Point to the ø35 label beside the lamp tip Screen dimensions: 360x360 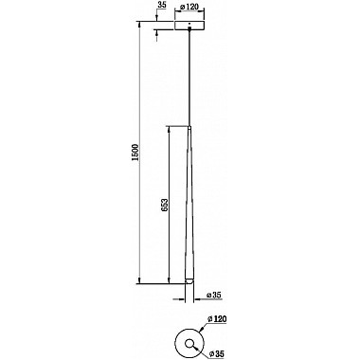coord(210,295)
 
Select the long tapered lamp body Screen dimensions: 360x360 coord(189,208)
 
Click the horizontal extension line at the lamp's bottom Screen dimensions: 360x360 coord(161,282)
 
